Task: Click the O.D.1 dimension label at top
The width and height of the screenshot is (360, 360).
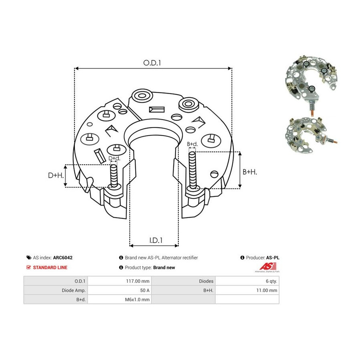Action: coord(152,63)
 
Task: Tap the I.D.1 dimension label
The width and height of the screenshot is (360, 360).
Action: coord(156,240)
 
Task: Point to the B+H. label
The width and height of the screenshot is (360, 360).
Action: coord(250,172)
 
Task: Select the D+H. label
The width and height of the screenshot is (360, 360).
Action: coord(56,176)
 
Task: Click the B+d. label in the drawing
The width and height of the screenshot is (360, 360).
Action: coord(192,144)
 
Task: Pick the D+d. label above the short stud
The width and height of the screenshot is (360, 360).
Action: coord(114,158)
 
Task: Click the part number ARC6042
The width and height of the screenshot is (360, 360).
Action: coord(63,258)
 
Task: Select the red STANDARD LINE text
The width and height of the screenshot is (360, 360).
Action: coord(50,268)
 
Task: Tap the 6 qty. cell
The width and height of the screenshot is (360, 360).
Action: coord(247,281)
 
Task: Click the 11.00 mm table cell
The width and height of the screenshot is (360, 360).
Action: coord(247,290)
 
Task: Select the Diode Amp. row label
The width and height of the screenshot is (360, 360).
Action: coord(74,290)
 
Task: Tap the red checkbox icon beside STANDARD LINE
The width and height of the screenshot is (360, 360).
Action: coord(28,267)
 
